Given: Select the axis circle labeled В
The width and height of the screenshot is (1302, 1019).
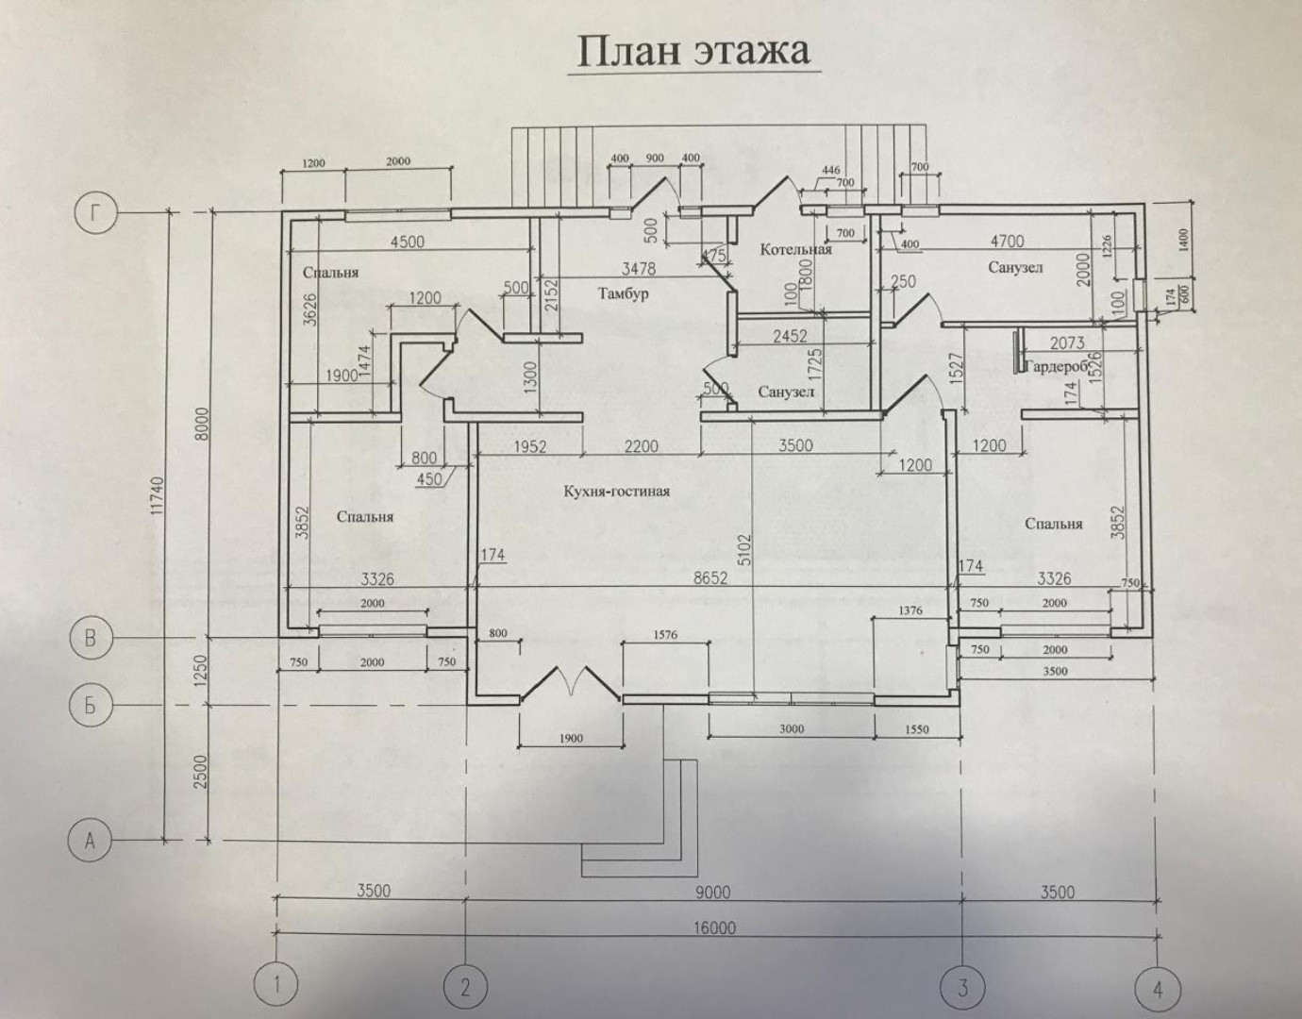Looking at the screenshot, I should (91, 639).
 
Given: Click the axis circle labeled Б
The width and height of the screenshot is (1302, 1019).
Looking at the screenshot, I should (91, 706).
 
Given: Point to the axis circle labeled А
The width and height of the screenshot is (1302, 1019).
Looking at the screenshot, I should (91, 839).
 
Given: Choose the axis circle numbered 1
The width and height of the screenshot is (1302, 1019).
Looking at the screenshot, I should (276, 986).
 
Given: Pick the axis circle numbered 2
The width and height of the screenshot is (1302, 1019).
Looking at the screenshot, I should (465, 987).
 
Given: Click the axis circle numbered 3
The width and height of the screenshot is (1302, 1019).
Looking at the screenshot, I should (962, 988).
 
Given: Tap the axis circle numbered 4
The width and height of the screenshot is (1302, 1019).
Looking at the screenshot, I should (1158, 989).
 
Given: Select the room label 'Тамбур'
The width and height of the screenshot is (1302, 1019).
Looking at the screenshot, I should (623, 294).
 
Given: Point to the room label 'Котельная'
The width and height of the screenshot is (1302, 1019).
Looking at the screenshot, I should (796, 250).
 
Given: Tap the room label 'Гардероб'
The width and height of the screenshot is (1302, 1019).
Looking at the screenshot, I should (1055, 366).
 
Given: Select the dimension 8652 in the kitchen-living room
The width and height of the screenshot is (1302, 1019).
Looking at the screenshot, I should (709, 579).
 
